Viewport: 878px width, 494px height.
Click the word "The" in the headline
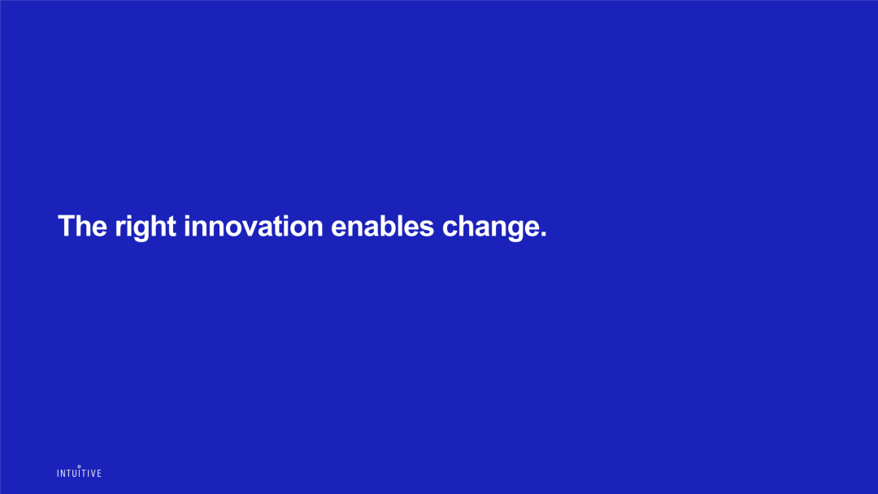(82, 226)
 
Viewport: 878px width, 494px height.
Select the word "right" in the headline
(146, 227)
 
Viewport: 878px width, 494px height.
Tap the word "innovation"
(254, 226)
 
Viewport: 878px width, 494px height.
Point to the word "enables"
(382, 226)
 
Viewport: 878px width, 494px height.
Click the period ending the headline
(544, 235)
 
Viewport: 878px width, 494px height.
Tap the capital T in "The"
(66, 226)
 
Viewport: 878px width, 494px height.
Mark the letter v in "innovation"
(254, 229)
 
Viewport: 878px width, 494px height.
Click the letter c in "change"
(450, 229)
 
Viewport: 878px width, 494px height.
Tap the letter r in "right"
(120, 229)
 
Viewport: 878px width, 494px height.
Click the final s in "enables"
(428, 229)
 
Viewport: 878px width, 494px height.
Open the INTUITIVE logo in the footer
(79, 471)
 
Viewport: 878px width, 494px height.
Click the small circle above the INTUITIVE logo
(79, 466)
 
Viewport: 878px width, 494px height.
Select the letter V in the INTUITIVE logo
(93, 474)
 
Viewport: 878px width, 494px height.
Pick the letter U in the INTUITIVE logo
(73, 474)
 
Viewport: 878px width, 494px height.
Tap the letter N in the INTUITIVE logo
(63, 474)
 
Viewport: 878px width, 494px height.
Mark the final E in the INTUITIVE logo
(99, 474)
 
